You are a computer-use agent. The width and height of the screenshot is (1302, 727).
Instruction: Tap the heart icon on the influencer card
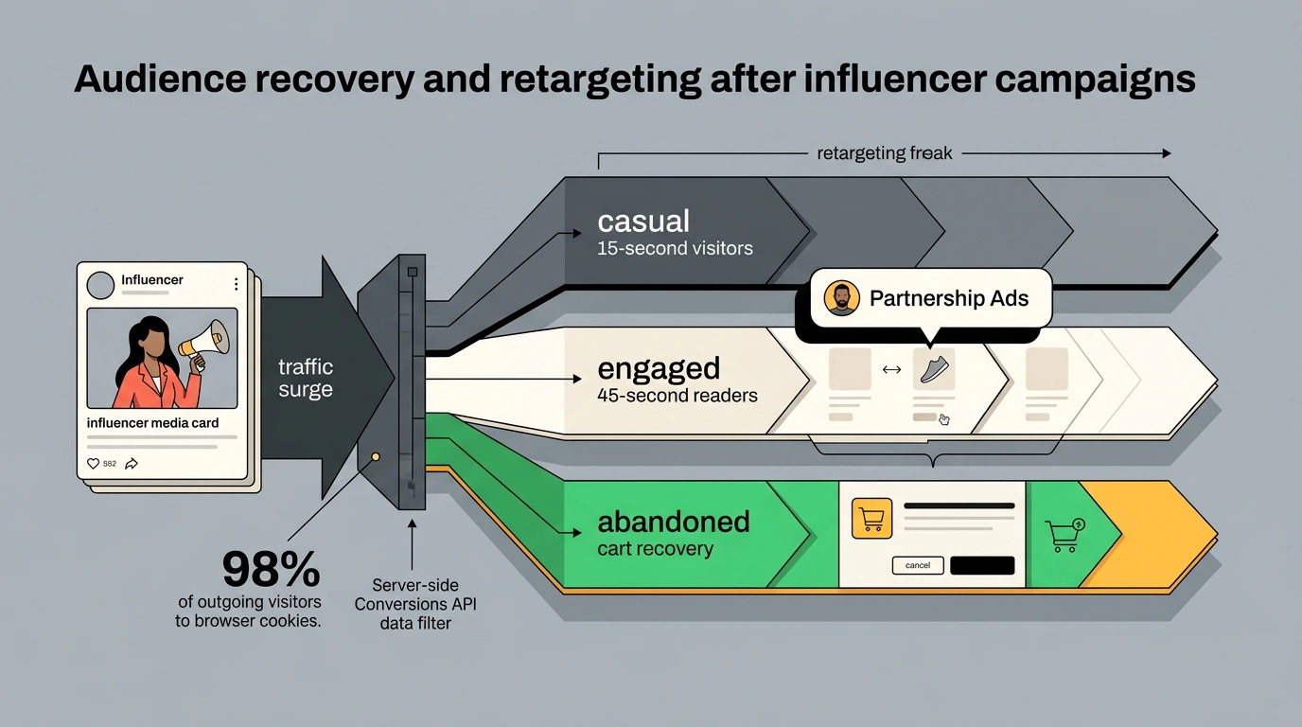(x=93, y=464)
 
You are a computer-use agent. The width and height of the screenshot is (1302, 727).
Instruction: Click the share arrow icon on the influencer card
(x=132, y=464)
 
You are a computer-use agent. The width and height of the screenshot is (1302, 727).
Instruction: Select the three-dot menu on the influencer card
(x=236, y=284)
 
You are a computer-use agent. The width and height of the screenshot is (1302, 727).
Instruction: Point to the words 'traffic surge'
(x=306, y=378)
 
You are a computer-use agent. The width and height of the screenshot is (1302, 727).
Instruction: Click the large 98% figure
(x=272, y=569)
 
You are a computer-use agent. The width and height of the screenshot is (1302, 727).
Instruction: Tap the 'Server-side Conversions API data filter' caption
(x=415, y=604)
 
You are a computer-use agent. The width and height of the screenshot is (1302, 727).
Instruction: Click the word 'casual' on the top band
(x=643, y=222)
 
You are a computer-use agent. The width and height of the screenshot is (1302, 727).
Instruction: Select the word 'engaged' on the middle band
(x=659, y=370)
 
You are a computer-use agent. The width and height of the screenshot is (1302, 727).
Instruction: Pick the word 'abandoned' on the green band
(x=674, y=522)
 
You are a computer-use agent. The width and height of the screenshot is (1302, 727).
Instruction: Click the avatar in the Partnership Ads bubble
(x=841, y=298)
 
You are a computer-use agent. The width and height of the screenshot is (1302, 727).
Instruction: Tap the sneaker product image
(x=934, y=369)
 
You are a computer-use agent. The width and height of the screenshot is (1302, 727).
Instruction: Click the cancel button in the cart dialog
(x=918, y=565)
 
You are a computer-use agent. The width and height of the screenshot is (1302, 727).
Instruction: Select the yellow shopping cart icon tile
(x=871, y=518)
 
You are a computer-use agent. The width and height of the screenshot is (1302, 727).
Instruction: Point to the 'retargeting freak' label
(x=885, y=153)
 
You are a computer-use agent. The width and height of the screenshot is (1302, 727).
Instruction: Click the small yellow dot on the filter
(x=376, y=457)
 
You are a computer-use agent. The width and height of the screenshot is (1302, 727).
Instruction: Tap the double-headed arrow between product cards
(x=891, y=369)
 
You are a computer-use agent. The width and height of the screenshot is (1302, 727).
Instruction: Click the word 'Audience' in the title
(x=161, y=80)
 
